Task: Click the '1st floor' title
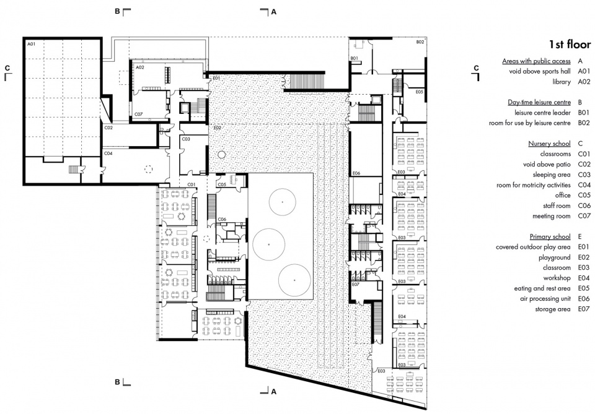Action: click(570, 44)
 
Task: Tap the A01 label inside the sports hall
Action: click(31, 44)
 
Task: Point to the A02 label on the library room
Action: click(140, 67)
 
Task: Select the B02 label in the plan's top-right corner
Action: click(420, 42)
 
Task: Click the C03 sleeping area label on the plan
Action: click(186, 139)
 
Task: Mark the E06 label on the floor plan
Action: click(356, 173)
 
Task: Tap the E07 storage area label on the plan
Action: click(356, 284)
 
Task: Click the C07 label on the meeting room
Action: click(138, 114)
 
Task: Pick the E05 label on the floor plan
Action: click(420, 92)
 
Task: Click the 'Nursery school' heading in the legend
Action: click(549, 144)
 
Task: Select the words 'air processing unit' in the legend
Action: click(545, 299)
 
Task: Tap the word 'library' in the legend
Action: click(562, 82)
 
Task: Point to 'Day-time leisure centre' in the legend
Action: click(539, 102)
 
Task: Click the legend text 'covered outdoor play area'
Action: click(533, 247)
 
